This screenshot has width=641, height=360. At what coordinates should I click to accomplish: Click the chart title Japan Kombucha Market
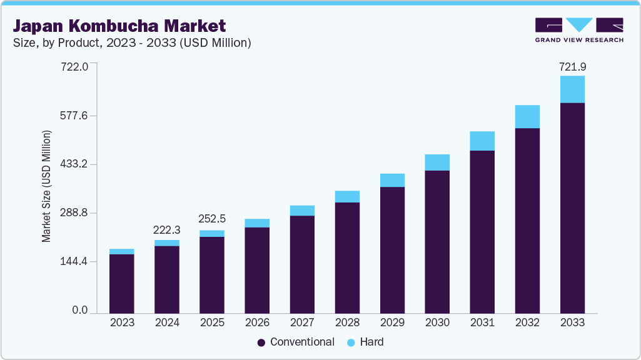pyautogui.click(x=119, y=26)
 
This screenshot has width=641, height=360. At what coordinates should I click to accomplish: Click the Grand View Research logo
pyautogui.click(x=579, y=30)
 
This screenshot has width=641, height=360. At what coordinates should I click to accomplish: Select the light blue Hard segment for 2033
pyautogui.click(x=572, y=89)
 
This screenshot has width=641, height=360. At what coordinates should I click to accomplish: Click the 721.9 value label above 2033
pyautogui.click(x=572, y=66)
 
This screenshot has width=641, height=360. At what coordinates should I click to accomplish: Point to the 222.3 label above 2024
pyautogui.click(x=167, y=230)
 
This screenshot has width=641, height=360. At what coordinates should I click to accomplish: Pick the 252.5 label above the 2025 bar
pyautogui.click(x=212, y=219)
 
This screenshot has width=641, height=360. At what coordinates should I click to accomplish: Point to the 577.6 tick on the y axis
pyautogui.click(x=74, y=116)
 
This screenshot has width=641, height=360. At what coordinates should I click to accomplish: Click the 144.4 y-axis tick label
pyautogui.click(x=74, y=261)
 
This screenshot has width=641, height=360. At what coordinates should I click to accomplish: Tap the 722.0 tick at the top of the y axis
pyautogui.click(x=74, y=66)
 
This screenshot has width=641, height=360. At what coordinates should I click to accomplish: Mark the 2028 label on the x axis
pyautogui.click(x=347, y=322)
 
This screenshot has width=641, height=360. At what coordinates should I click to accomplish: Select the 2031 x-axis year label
pyautogui.click(x=482, y=322)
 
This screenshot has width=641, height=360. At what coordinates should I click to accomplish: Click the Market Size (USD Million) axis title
pyautogui.click(x=46, y=186)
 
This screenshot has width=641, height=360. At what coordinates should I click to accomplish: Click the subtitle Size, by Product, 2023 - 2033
pyautogui.click(x=132, y=42)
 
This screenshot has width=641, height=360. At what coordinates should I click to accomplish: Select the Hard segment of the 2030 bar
pyautogui.click(x=437, y=162)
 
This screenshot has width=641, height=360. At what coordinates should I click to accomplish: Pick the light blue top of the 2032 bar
pyautogui.click(x=527, y=116)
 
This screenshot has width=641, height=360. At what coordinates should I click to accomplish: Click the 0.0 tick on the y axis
pyautogui.click(x=79, y=310)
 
